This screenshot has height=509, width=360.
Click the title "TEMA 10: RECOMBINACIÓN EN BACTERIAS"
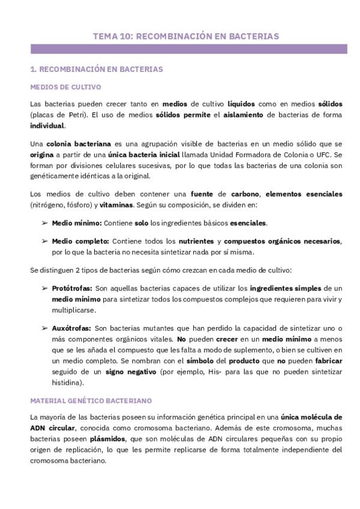(185, 36)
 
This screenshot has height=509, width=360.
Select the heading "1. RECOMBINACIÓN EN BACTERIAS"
(96, 70)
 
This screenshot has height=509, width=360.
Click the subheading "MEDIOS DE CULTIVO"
(65, 87)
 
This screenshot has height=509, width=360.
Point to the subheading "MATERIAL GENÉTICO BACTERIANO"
(90, 400)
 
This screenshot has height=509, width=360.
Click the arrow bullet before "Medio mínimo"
(45, 223)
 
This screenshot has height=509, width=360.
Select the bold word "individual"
(47, 125)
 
